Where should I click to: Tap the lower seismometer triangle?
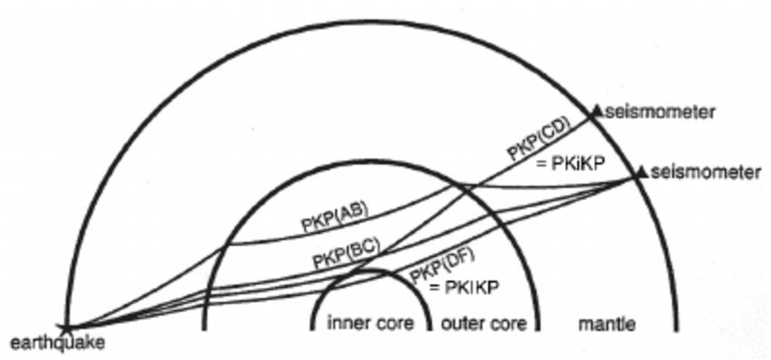pyautogui.click(x=642, y=170)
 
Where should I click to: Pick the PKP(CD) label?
pyautogui.click(x=538, y=142)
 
